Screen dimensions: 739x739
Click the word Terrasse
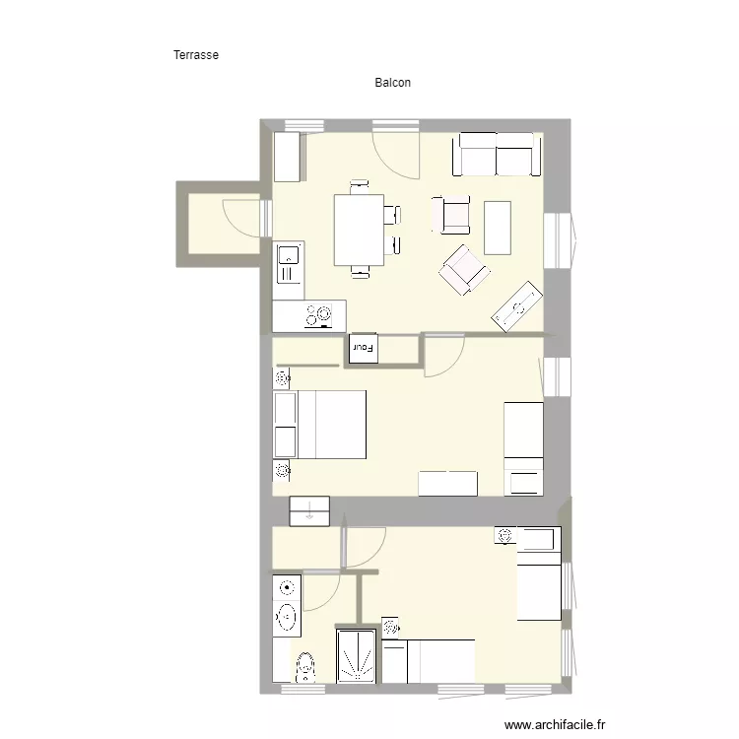195,55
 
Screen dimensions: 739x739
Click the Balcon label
392,83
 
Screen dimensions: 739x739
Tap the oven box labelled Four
363,348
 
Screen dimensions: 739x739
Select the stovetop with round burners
318,316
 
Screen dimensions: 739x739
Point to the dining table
358,231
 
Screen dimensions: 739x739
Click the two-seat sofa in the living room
498,155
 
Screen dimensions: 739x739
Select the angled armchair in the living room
464,269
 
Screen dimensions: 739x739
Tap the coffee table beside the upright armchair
498,228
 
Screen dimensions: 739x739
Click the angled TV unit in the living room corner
518,306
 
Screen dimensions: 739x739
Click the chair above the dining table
359,185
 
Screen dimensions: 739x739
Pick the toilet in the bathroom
304,667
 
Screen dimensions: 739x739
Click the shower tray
355,656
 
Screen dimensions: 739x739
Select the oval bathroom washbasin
287,618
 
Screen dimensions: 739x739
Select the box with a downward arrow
309,510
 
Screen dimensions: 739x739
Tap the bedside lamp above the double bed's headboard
282,378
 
